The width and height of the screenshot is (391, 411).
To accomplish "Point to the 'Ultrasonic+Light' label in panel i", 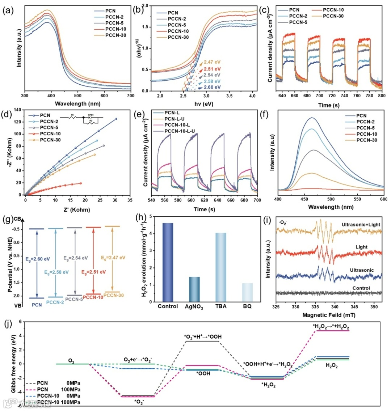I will pos(360,225).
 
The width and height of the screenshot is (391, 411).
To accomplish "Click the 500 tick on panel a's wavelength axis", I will pos(77,96).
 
